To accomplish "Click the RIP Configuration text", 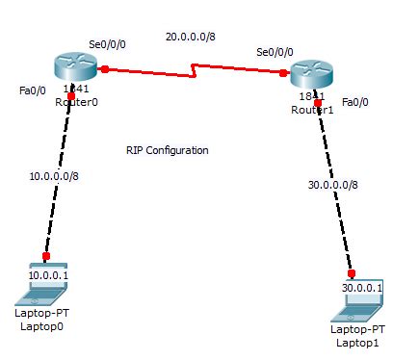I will tap(168, 150).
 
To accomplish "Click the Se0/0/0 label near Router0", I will tap(107, 44).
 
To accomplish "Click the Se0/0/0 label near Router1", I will tap(275, 51).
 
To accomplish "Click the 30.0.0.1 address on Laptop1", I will tap(361, 288).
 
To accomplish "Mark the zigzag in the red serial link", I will tap(195, 69).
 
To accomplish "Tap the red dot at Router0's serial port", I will tap(104, 68).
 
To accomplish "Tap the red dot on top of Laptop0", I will tap(44, 256).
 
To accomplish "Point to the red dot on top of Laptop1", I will tap(352, 272).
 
